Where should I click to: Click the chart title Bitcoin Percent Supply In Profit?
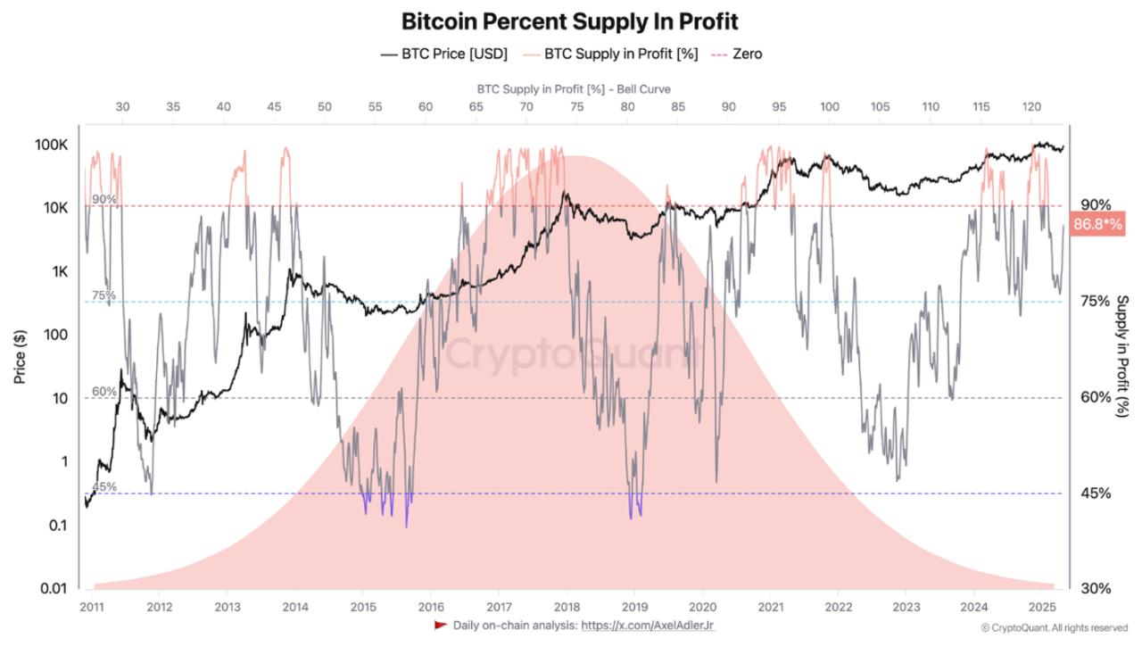[x=570, y=21]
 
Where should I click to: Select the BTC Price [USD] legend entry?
[x=443, y=54]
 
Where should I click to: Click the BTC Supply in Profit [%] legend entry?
[x=610, y=54]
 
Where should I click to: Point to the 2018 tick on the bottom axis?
[x=567, y=606]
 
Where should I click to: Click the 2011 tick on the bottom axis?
[x=91, y=606]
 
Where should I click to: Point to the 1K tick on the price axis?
[x=59, y=271]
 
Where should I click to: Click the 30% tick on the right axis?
[x=1096, y=588]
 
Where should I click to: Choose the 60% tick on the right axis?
[x=1096, y=397]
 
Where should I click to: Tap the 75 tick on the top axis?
[x=577, y=107]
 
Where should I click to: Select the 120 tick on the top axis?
[x=1031, y=107]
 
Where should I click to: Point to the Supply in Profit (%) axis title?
[x=1122, y=356]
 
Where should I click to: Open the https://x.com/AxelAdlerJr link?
[x=648, y=626]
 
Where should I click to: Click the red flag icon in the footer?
[x=441, y=625]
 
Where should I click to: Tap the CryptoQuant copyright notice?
[x=1054, y=628]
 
